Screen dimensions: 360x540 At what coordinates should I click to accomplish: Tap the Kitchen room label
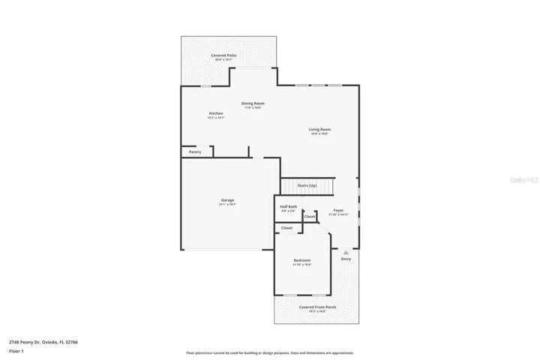(x=216, y=113)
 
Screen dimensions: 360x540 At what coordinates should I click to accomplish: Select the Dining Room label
(x=253, y=103)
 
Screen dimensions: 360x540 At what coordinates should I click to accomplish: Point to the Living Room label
(x=319, y=129)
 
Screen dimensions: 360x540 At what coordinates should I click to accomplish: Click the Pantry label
(x=195, y=152)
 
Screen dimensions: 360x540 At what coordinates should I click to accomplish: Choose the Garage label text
(x=227, y=200)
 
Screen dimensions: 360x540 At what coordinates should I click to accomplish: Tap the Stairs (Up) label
(x=307, y=185)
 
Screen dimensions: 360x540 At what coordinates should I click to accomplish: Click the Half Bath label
(x=289, y=206)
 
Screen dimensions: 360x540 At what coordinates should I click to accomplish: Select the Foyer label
(x=338, y=211)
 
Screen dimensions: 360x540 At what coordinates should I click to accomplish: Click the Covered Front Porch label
(x=317, y=307)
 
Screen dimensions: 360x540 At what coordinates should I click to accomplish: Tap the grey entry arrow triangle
(x=346, y=253)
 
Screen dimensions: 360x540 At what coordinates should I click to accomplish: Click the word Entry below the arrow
(x=346, y=259)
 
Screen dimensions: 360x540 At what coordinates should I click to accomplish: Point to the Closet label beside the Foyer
(x=310, y=217)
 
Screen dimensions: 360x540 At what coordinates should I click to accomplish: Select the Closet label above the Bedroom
(x=286, y=228)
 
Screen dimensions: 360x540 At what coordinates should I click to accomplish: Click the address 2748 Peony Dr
(x=43, y=342)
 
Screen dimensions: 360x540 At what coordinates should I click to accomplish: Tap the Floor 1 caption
(x=16, y=351)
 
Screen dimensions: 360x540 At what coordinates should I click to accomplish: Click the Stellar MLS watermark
(x=523, y=180)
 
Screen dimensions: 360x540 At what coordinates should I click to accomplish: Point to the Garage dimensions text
(x=227, y=204)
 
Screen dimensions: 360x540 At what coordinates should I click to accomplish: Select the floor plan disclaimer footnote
(x=270, y=352)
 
